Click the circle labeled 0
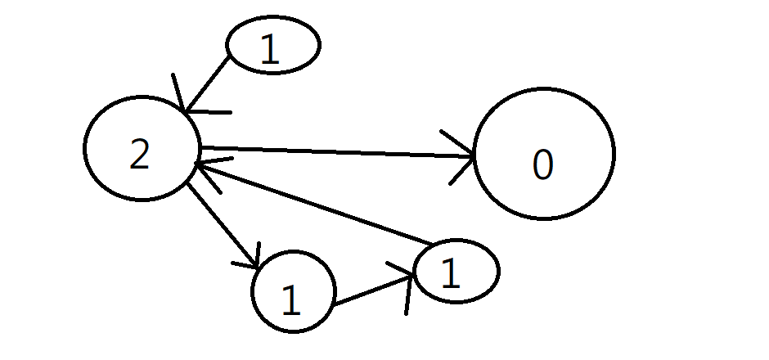point(544,154)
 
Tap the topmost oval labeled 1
point(272,45)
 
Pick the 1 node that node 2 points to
point(294,291)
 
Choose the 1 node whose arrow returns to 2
point(456,272)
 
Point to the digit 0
point(542,165)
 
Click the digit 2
point(140,155)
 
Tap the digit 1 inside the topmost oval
point(269,51)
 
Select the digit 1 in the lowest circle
point(290,302)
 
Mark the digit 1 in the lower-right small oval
point(450,275)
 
